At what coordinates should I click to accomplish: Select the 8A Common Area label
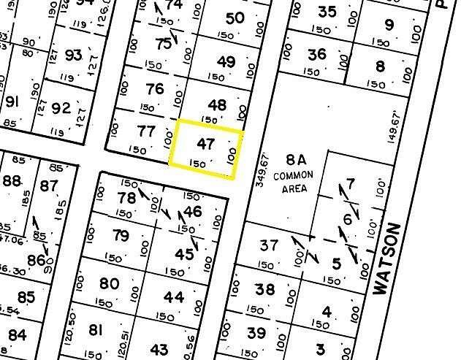(x=293, y=175)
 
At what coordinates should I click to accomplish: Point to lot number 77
(x=146, y=131)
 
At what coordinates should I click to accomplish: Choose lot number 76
(x=155, y=90)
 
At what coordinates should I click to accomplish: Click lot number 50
(x=235, y=18)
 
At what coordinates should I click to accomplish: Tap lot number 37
(x=269, y=245)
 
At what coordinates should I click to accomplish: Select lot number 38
(x=264, y=289)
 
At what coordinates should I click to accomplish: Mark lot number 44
(x=174, y=297)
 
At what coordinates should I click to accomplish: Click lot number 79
(x=121, y=235)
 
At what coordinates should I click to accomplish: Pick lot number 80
(x=109, y=283)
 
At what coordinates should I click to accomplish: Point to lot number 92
(x=61, y=110)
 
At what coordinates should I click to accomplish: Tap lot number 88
(x=12, y=181)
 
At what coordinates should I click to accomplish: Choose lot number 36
(x=317, y=54)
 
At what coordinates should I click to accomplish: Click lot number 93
(x=73, y=55)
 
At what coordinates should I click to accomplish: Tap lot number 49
(x=226, y=61)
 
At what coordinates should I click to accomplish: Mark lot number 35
(x=327, y=11)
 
